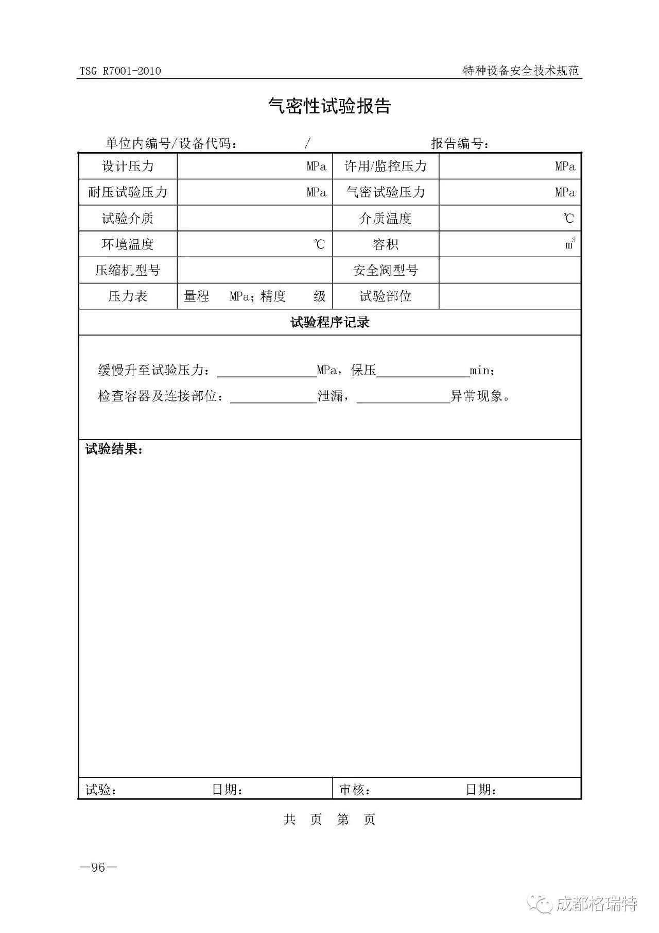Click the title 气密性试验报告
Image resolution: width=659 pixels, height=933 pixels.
(329, 106)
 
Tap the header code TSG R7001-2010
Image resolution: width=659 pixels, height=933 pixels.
(120, 71)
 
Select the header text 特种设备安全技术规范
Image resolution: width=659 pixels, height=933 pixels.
(521, 71)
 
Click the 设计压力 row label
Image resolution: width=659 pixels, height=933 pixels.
(128, 166)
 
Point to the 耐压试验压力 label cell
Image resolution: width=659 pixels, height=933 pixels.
(128, 192)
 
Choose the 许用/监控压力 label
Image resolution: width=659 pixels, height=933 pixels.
(386, 166)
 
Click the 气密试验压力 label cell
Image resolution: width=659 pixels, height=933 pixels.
(386, 192)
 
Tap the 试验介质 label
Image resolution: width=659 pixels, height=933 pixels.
(128, 219)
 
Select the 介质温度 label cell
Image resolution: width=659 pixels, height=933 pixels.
(386, 219)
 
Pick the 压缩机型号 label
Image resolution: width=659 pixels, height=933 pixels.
(128, 270)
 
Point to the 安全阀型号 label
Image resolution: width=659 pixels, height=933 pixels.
(386, 270)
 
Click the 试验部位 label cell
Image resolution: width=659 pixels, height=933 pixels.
(386, 296)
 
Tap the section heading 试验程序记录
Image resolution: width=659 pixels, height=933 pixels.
(329, 323)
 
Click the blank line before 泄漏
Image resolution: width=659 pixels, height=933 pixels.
(273, 397)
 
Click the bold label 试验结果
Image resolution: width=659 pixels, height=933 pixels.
(114, 449)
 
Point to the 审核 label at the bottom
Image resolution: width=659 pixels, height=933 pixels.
(354, 790)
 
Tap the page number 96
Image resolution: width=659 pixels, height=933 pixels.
(98, 868)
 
